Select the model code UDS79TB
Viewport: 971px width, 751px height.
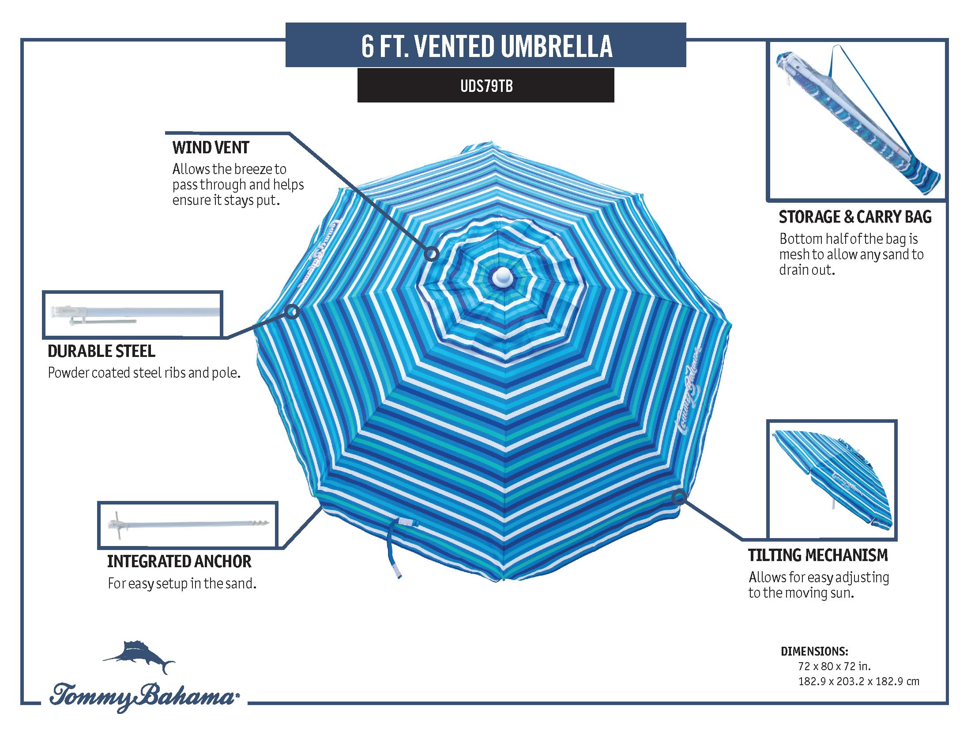click(486, 86)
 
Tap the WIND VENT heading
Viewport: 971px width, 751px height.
click(211, 147)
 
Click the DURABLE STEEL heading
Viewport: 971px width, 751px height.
click(102, 351)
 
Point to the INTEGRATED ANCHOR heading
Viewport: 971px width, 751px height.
click(179, 561)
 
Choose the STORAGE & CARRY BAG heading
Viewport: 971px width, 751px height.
click(855, 216)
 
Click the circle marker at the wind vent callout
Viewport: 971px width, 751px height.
click(432, 254)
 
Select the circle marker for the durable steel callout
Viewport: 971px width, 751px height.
click(292, 311)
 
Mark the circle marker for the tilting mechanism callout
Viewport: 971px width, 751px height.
click(678, 497)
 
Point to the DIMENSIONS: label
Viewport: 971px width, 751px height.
click(814, 652)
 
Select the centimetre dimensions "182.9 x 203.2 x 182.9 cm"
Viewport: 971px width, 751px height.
click(858, 681)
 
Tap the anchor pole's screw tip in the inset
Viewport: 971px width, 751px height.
click(263, 524)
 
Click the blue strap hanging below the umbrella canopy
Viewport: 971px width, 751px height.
click(394, 552)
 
